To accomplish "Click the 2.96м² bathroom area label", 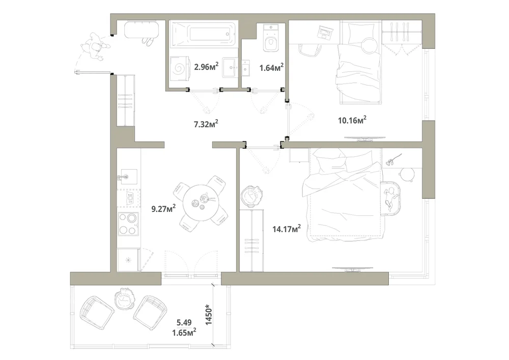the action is tap(206, 67).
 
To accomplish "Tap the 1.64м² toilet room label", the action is tap(271, 67).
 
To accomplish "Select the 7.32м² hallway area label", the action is tap(206, 124).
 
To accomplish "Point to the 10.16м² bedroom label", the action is tap(352, 120).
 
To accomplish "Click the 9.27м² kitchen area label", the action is tap(163, 208).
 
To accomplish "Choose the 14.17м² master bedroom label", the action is tap(287, 229).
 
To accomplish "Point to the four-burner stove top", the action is tap(128, 224).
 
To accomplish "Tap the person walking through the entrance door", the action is tap(94, 46).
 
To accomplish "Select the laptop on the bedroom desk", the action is tap(325, 32).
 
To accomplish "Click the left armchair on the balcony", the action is tap(97, 313).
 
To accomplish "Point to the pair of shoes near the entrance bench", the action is tap(148, 41).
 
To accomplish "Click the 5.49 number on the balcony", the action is tap(184, 323).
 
